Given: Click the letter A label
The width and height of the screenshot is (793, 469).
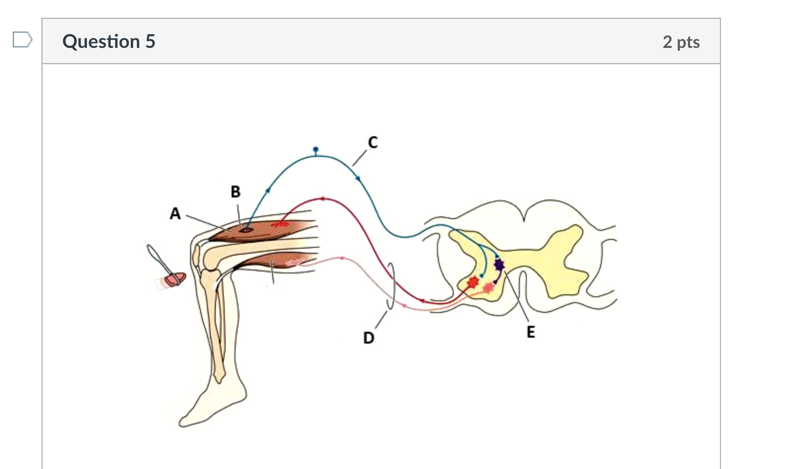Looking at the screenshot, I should pyautogui.click(x=175, y=214).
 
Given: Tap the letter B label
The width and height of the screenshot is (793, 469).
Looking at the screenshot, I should pyautogui.click(x=236, y=192).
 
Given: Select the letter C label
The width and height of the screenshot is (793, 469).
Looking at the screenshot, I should pyautogui.click(x=373, y=143).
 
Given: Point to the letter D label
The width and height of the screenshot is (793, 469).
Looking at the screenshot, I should pyautogui.click(x=368, y=338).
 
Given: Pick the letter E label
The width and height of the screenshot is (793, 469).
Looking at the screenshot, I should pyautogui.click(x=530, y=332).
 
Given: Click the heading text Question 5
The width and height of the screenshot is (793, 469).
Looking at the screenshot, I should pyautogui.click(x=109, y=41).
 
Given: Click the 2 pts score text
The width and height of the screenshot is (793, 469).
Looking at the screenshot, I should pyautogui.click(x=681, y=42).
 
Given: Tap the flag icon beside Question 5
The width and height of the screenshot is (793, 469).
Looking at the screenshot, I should pyautogui.click(x=22, y=39).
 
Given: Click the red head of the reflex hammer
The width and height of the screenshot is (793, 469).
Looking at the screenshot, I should pyautogui.click(x=175, y=279).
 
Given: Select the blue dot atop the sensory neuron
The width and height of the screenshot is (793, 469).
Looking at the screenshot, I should pyautogui.click(x=316, y=149).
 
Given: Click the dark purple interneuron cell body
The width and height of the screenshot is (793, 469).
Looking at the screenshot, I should pyautogui.click(x=499, y=265).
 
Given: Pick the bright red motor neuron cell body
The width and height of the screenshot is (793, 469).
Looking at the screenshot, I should pyautogui.click(x=473, y=282).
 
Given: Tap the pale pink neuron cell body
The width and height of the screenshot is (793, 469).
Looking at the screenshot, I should pyautogui.click(x=488, y=287).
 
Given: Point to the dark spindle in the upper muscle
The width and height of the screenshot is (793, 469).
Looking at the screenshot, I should pyautogui.click(x=245, y=229).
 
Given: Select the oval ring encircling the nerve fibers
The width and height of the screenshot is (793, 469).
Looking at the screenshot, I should pyautogui.click(x=391, y=286).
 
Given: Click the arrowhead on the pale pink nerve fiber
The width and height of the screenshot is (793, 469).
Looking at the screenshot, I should pyautogui.click(x=342, y=258).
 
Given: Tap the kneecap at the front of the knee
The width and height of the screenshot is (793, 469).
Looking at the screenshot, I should pyautogui.click(x=197, y=255).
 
